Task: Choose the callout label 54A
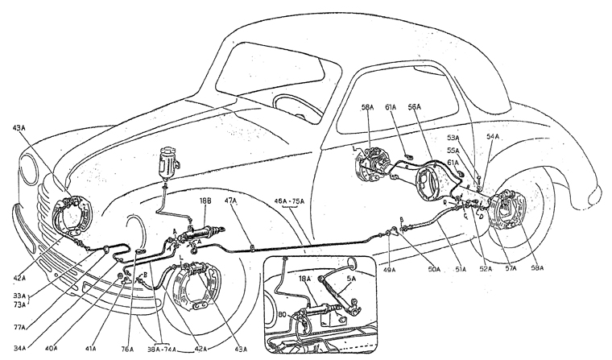click(492, 139)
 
